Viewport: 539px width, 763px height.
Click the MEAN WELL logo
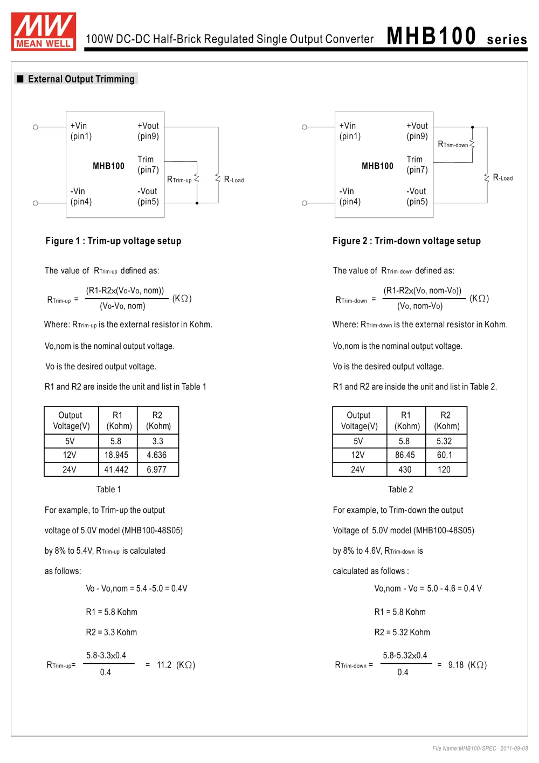(x=44, y=31)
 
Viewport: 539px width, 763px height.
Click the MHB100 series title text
(x=457, y=37)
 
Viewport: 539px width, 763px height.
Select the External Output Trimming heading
(x=81, y=79)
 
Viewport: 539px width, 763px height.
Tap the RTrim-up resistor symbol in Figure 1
(x=197, y=178)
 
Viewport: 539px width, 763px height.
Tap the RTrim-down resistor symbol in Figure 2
(x=472, y=144)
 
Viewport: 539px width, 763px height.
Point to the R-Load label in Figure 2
(x=503, y=177)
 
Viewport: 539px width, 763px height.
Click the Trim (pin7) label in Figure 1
(x=148, y=164)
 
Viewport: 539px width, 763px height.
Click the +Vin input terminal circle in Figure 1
(x=36, y=127)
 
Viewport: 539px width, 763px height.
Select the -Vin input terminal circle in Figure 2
(x=305, y=203)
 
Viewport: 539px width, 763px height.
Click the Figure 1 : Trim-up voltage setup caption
(x=113, y=241)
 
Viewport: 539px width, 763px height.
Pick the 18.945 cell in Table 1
(x=116, y=455)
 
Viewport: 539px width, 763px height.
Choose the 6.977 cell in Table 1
(x=157, y=470)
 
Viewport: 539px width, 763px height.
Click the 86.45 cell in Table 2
(x=405, y=455)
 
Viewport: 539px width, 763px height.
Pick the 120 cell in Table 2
(x=444, y=470)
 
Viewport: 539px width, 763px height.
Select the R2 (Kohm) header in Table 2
(x=446, y=421)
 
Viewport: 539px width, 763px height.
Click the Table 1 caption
(x=108, y=490)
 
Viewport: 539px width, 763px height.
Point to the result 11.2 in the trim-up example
(x=164, y=665)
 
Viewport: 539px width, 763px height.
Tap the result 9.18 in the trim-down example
(x=456, y=665)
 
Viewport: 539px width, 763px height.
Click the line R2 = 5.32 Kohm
(x=402, y=632)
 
